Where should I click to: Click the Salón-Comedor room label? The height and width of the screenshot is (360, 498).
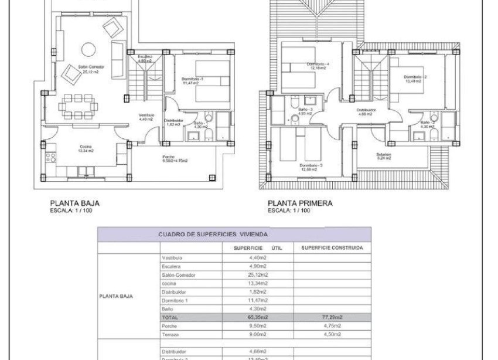(91, 67)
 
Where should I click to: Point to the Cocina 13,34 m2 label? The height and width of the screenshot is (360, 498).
(87, 148)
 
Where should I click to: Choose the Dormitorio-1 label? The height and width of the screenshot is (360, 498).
(192, 81)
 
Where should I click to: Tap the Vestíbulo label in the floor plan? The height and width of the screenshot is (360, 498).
(146, 116)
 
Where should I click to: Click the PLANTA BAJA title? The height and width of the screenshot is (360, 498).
(74, 203)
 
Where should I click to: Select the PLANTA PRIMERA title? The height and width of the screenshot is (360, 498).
(300, 203)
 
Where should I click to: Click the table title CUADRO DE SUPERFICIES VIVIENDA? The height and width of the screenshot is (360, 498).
(213, 234)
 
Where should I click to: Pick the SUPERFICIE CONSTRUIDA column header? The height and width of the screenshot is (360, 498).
(332, 248)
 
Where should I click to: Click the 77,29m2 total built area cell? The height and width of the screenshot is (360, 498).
(332, 317)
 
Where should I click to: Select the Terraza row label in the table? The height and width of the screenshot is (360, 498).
(170, 334)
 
